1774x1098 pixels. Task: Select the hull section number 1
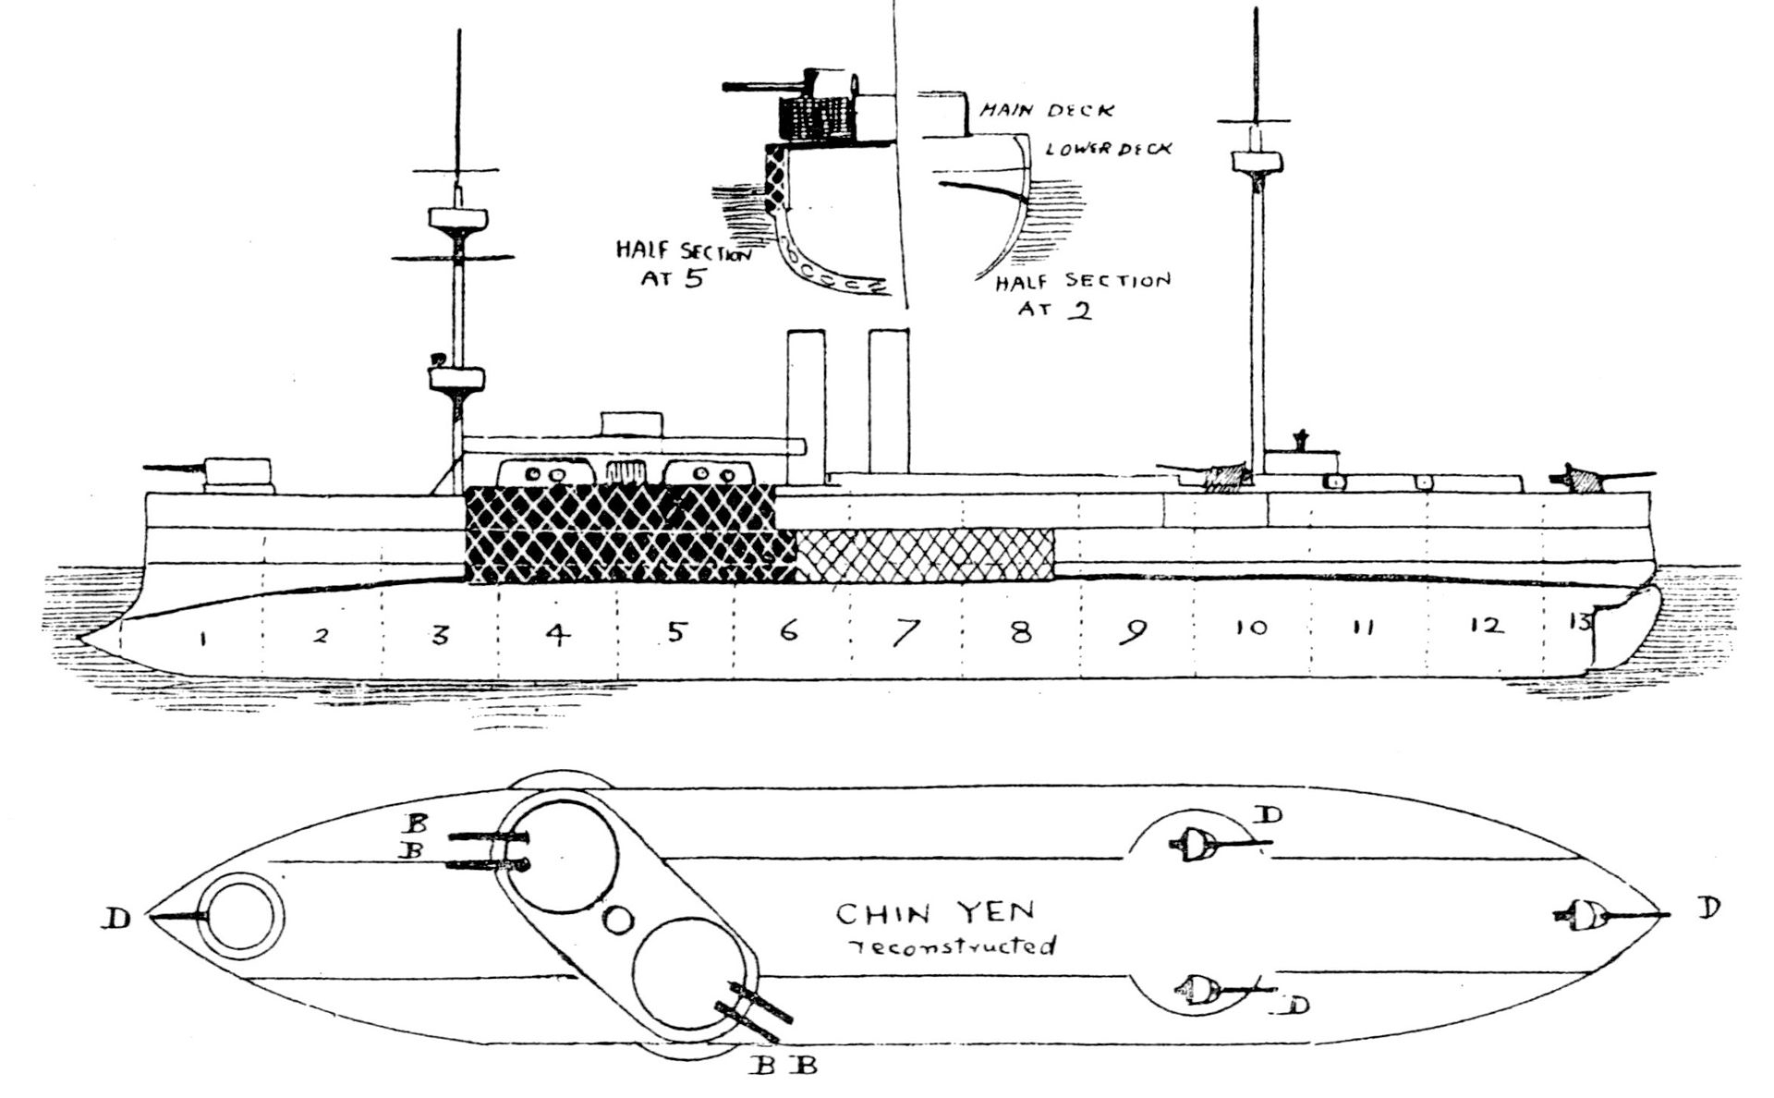click(x=200, y=639)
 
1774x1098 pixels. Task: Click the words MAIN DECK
click(x=1046, y=111)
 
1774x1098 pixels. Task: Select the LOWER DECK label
click(x=1108, y=148)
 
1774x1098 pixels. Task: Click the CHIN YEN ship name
click(x=935, y=914)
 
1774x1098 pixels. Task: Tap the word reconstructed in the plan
click(x=952, y=947)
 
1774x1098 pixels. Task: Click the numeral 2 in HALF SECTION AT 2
click(x=1077, y=310)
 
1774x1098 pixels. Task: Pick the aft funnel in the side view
click(x=888, y=402)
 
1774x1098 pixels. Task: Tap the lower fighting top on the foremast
click(x=456, y=379)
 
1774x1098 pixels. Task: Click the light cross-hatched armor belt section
click(x=924, y=555)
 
